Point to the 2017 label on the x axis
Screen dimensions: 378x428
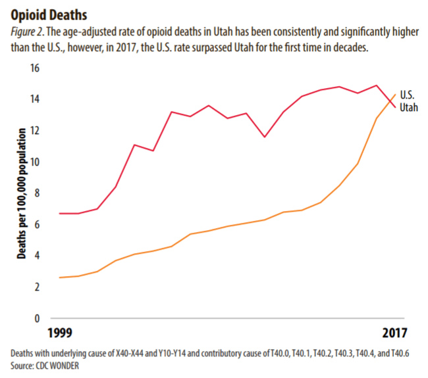pyautogui.click(x=394, y=333)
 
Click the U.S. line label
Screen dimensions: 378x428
pyautogui.click(x=408, y=96)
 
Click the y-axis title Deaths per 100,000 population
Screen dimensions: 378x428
pyautogui.click(x=21, y=193)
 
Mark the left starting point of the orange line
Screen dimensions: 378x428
pyautogui.click(x=60, y=277)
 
